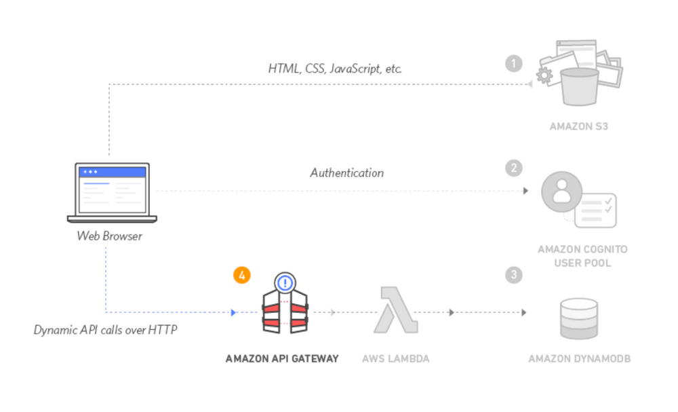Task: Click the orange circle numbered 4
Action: [x=242, y=275]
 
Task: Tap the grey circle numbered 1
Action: [x=514, y=64]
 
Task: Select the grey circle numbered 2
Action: [x=514, y=167]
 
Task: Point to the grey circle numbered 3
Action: [x=514, y=275]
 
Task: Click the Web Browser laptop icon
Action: [x=112, y=193]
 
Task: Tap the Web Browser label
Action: [x=110, y=236]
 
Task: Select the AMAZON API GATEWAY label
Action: [x=282, y=358]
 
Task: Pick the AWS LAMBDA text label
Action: [x=396, y=358]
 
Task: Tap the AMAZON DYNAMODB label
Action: [x=580, y=358]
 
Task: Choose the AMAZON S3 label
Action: [x=579, y=126]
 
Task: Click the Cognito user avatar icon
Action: [x=561, y=191]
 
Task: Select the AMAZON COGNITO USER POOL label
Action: [x=582, y=256]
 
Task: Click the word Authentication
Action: [x=347, y=172]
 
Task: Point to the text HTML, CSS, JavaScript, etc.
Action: [x=336, y=69]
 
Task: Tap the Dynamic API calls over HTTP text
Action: [x=106, y=331]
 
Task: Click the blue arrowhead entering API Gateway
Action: [x=234, y=313]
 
